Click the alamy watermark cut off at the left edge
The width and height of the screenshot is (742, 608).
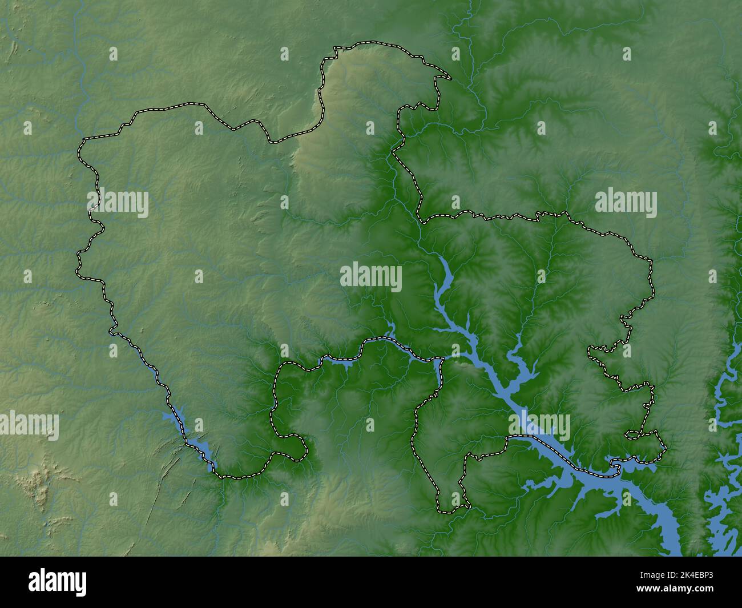[x=29, y=425]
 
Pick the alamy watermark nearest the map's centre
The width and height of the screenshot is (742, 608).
[x=371, y=277]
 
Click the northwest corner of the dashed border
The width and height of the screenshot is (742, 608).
[x=83, y=140]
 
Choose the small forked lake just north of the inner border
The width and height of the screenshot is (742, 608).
[x=390, y=328]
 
